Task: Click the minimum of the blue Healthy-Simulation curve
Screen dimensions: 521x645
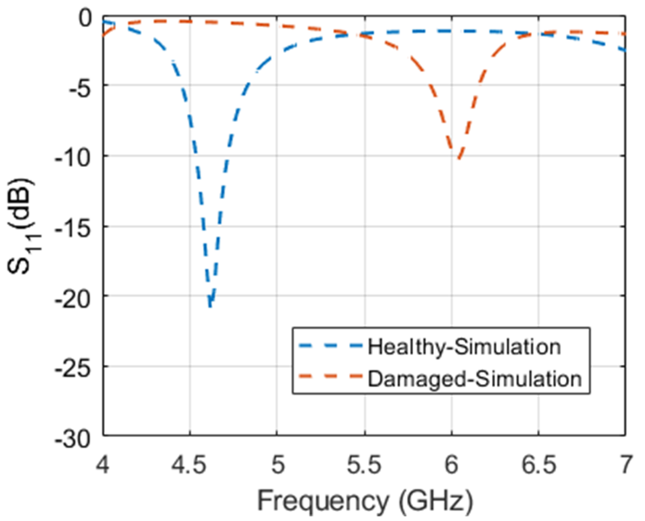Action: tap(210, 306)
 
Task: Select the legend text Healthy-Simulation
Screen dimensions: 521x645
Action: tap(464, 347)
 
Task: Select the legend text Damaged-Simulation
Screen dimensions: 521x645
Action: tap(475, 379)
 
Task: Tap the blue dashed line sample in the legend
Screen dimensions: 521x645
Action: tap(330, 346)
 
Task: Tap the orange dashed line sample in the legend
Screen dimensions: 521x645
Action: tap(330, 376)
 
